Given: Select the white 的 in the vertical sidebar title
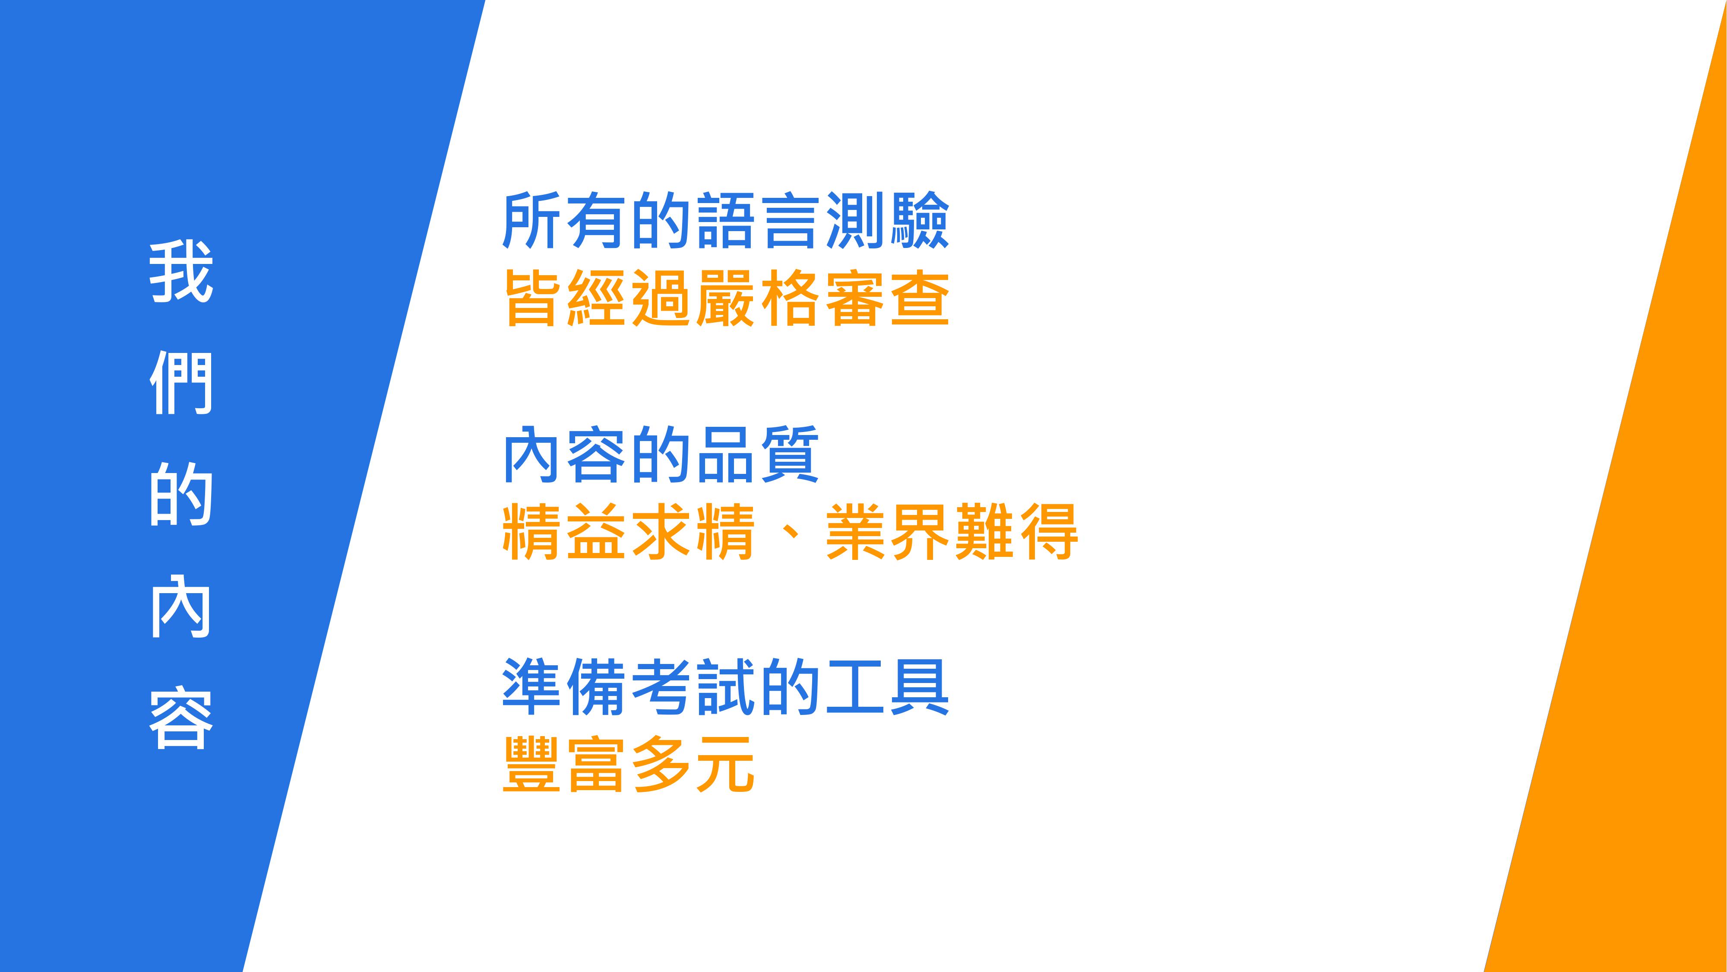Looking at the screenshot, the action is point(181,496).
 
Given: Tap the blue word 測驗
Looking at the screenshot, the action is point(888,221).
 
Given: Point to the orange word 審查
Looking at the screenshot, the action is point(888,298).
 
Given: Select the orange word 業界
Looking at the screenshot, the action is point(888,531).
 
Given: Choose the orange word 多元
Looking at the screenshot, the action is point(694,765).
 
